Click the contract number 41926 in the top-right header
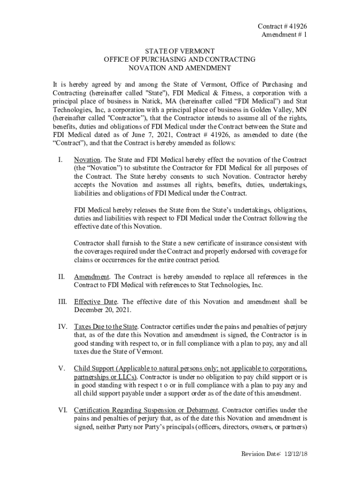click(298, 26)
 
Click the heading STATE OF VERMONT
click(180, 51)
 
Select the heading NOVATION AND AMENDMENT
click(180, 68)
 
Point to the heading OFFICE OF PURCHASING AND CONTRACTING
click(180, 59)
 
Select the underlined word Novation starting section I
click(86, 160)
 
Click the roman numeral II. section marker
click(61, 277)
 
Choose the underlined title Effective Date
click(95, 302)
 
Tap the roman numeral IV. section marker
click(63, 326)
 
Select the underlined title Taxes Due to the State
click(106, 326)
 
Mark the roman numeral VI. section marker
click(63, 410)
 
